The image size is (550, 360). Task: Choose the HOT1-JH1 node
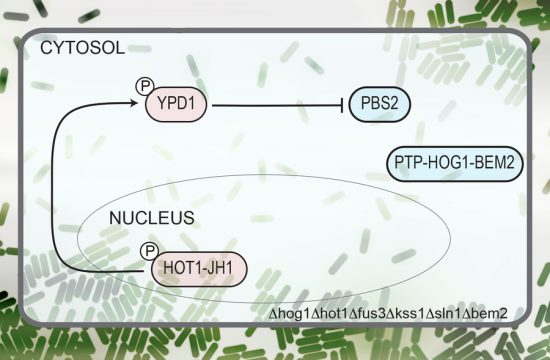click(198, 268)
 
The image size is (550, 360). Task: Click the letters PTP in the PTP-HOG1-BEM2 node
click(410, 162)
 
